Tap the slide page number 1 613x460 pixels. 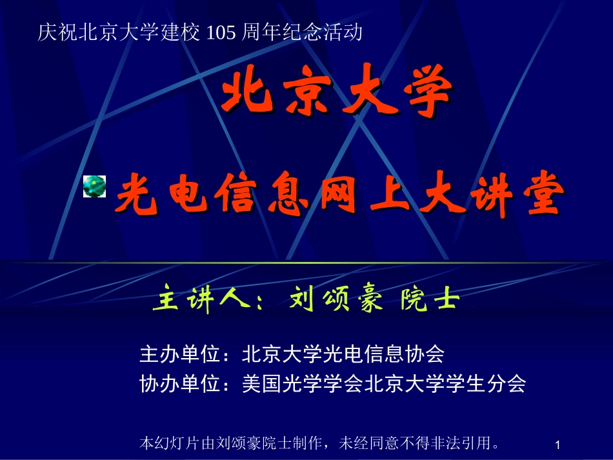[x=558, y=445]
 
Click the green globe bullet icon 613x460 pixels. [x=94, y=187]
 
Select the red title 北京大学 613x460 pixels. [x=336, y=97]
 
